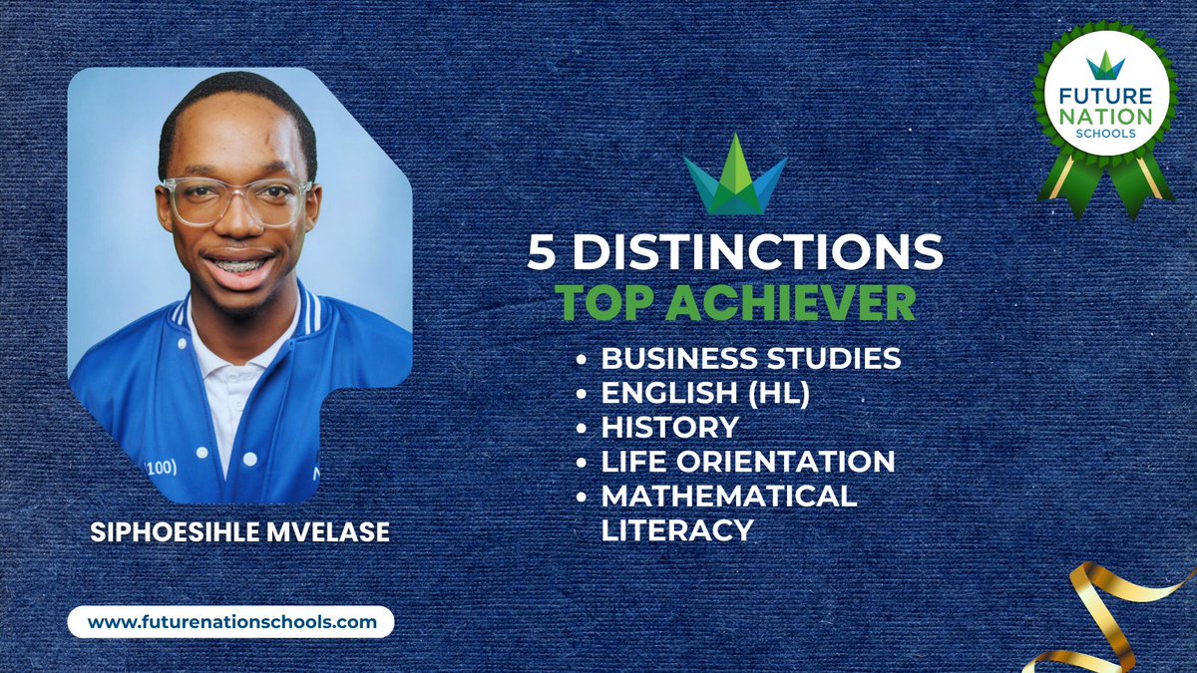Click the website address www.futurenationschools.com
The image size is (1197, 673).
coord(231,622)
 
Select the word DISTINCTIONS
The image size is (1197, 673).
coord(758,253)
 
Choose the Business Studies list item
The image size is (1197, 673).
coord(750,358)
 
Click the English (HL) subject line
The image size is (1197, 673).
coord(704,393)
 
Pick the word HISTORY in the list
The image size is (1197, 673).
coord(669,428)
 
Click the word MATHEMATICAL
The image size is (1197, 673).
coord(729,497)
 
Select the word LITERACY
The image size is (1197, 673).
coord(676,530)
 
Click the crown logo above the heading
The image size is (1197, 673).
coord(735,177)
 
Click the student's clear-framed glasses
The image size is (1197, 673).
coord(237,199)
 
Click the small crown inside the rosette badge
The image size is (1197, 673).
coord(1105,65)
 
